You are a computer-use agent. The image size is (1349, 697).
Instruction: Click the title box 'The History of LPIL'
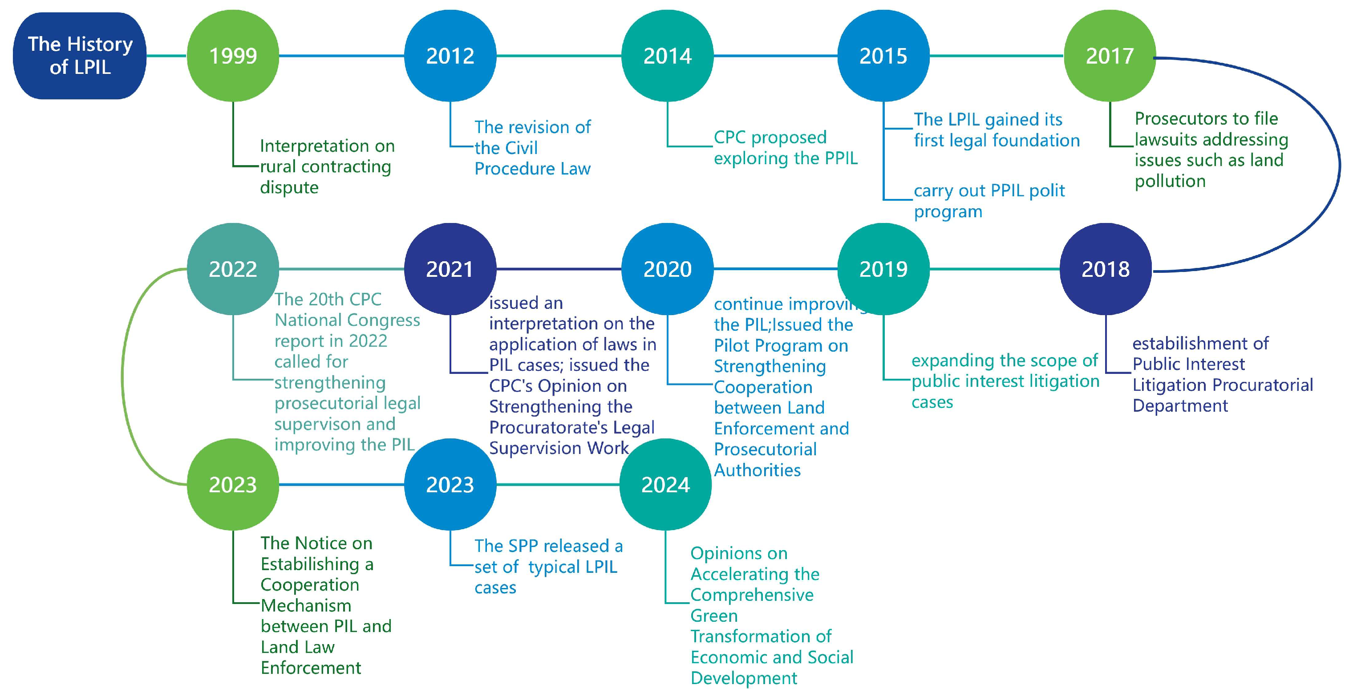pos(80,56)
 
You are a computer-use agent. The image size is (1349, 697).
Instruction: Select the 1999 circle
pos(233,56)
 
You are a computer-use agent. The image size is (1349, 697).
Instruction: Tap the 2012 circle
pos(450,56)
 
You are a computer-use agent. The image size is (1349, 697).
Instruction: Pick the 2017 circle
pos(1109,56)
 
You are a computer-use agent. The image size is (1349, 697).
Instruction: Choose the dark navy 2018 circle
pos(1106,269)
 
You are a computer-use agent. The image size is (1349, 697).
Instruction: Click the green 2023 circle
pos(233,484)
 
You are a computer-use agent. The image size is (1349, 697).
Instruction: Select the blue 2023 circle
pos(450,484)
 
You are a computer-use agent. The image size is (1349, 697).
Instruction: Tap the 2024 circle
pos(665,484)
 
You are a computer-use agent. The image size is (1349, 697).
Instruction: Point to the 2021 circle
pos(450,269)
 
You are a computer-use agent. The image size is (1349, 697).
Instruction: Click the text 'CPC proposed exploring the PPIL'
pos(786,148)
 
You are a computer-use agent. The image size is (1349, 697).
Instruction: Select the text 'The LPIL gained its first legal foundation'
pos(996,130)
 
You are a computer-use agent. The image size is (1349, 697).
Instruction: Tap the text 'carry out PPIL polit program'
pos(988,201)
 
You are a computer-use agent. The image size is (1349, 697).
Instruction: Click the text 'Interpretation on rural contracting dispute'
pos(327,166)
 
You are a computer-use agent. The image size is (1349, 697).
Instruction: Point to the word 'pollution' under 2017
pos(1170,181)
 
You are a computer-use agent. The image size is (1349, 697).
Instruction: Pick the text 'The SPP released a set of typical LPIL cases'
pos(548,567)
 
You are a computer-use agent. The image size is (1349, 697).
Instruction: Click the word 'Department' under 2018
pos(1180,406)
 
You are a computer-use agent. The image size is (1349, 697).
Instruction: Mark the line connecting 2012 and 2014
pos(559,56)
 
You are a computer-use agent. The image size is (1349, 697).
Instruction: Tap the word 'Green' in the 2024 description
pos(714,616)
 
